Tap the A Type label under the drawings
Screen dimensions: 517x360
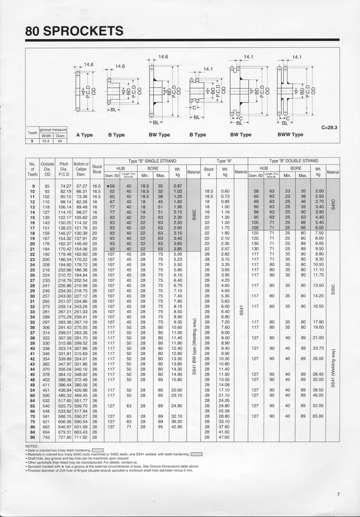point(84,135)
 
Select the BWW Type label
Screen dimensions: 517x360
point(291,135)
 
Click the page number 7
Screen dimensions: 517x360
point(339,494)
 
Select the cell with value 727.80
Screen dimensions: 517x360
point(64,437)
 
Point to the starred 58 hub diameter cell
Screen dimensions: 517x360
point(110,185)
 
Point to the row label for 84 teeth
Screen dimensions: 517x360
point(32,432)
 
